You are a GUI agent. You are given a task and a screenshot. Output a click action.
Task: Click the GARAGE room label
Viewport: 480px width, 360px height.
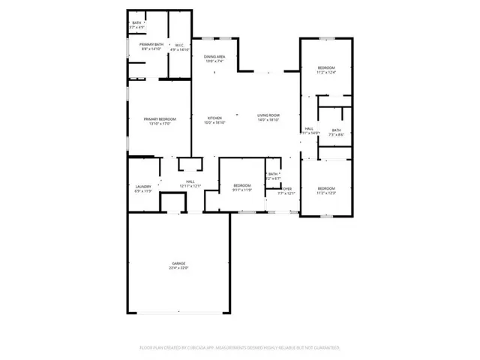pos(178,263)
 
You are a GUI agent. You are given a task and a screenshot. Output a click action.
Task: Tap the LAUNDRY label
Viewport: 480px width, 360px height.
pos(143,186)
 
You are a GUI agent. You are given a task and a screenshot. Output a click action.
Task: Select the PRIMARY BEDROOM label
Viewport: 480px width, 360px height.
pos(160,119)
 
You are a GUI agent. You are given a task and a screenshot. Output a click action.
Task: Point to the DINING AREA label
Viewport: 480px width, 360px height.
pos(214,57)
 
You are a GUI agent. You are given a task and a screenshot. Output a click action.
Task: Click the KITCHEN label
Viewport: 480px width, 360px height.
pos(214,118)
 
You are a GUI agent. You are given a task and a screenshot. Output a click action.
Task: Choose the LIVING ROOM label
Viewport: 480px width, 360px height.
pos(268,115)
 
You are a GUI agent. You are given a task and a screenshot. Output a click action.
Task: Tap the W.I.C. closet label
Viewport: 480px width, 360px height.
pos(180,45)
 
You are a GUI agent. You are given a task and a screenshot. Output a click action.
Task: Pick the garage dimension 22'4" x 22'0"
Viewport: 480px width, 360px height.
pos(178,268)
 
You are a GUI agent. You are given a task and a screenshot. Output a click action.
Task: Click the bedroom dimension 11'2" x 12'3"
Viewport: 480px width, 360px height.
pos(326,193)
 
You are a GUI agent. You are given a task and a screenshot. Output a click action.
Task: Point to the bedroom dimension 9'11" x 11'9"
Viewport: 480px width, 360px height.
pos(241,190)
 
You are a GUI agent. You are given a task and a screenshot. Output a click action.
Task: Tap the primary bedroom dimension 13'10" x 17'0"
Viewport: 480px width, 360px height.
pos(160,124)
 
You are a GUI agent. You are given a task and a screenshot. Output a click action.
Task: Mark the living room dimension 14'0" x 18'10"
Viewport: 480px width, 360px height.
pos(268,120)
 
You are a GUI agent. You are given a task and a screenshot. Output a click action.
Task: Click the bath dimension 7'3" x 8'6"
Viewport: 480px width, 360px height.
pos(335,134)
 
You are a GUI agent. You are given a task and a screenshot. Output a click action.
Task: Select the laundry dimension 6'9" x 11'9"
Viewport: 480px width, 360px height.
pos(143,190)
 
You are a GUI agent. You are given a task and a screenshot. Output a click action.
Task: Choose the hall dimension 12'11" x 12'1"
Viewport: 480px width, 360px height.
pos(190,186)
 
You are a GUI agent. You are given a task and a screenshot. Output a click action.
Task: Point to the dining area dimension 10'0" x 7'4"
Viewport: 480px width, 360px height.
pos(214,61)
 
